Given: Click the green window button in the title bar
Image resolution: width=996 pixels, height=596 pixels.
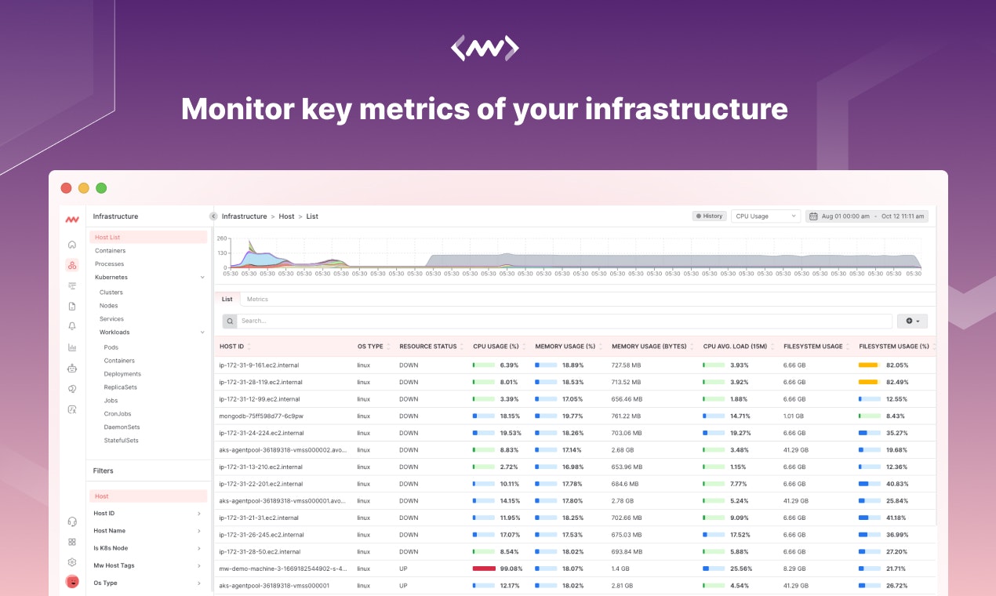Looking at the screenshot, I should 101,188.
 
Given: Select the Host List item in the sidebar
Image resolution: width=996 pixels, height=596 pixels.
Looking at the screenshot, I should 107,237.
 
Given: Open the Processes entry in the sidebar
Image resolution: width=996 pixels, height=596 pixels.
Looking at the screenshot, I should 110,264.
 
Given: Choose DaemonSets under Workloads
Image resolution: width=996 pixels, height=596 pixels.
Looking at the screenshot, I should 122,427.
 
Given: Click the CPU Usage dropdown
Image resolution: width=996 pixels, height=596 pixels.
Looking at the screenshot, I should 765,216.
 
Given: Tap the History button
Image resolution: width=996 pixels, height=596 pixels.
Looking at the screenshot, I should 709,216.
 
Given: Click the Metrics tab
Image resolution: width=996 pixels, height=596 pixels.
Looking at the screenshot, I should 257,300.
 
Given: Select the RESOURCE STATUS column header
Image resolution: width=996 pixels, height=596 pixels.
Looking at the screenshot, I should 427,347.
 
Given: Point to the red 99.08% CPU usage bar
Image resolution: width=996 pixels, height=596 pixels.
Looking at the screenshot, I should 484,569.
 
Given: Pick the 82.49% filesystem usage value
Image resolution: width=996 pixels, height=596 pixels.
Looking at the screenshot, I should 897,382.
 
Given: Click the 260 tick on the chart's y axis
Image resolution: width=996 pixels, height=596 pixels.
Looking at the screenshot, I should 222,238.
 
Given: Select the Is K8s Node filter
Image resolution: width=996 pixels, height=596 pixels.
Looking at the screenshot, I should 111,548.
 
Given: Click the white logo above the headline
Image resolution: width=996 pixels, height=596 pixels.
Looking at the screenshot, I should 485,49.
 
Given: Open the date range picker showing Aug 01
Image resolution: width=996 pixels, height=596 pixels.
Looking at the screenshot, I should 867,216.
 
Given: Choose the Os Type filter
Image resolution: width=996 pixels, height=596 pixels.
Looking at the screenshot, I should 106,583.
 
